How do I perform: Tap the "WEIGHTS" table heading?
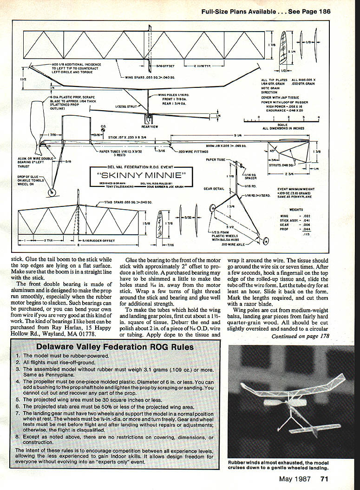click(x=296, y=210)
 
